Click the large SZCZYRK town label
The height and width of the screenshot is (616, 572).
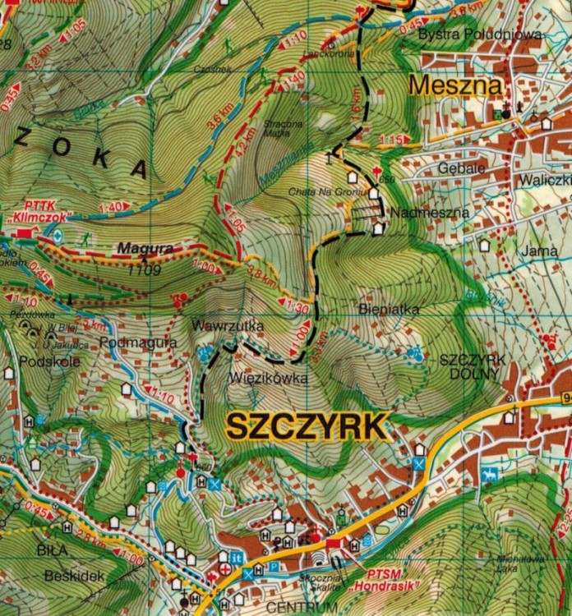point(306,427)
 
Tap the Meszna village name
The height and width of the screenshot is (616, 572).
point(445,85)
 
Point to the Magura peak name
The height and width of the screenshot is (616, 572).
point(145,247)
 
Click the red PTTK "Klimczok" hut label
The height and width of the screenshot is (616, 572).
point(39,213)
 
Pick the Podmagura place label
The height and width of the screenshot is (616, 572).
point(137,342)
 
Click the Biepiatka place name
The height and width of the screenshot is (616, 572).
point(390,310)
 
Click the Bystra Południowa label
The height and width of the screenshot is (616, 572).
point(480,34)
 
